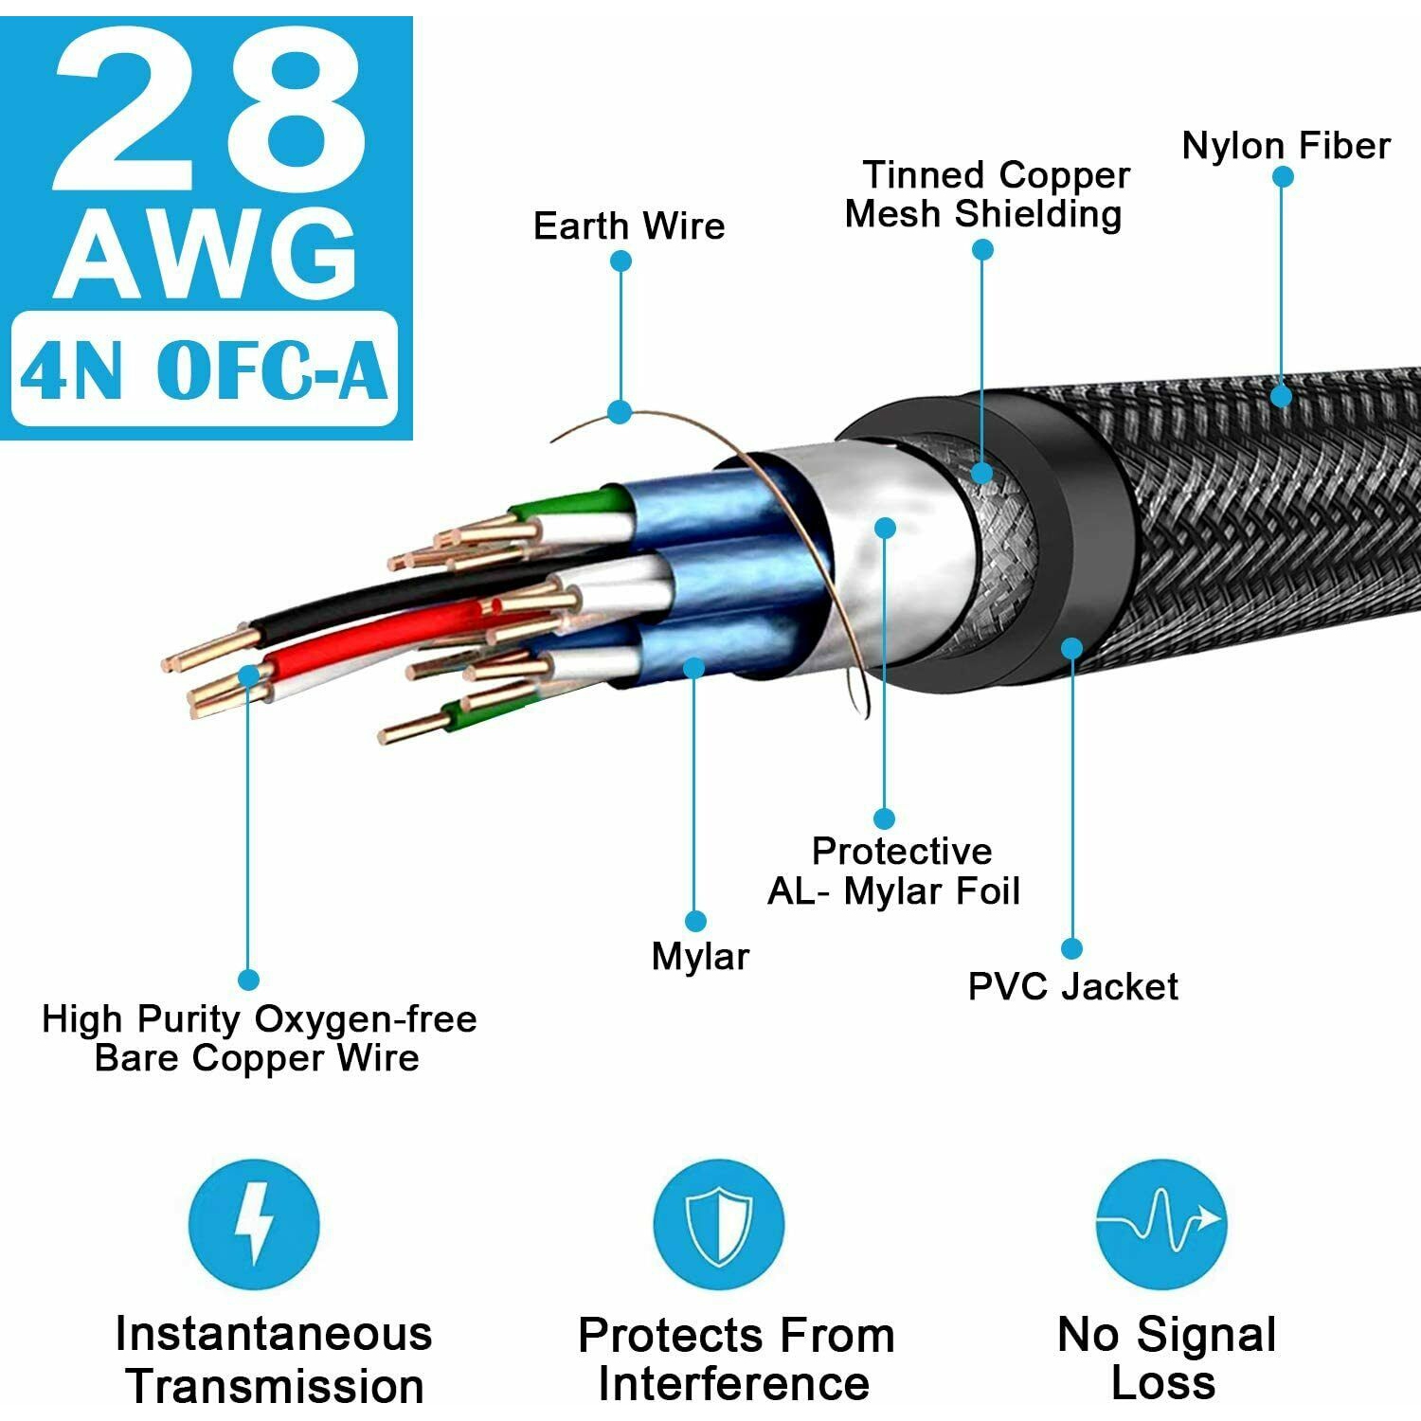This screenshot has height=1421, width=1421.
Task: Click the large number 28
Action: pos(209,112)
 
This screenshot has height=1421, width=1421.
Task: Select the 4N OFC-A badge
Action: pos(204,369)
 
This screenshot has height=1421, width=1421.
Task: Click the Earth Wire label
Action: pos(629,225)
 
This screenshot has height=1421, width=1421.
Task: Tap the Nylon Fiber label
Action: pos(1286,146)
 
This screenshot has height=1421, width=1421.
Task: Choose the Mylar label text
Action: pos(700,956)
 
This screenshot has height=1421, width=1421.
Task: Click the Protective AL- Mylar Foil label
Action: pos(893,871)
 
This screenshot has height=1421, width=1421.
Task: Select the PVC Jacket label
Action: pos(1072,986)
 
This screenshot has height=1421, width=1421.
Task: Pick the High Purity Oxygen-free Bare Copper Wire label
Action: pos(259,1038)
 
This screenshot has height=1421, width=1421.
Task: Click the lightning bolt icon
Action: pos(254,1224)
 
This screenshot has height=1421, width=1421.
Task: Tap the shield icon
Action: pos(719,1224)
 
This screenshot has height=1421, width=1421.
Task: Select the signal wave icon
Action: pos(1161,1224)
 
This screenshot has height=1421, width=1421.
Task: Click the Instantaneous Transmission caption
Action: pos(274,1359)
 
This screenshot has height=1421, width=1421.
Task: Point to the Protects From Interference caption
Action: pos(736,1359)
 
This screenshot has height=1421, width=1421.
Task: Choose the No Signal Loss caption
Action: pos(1166,1358)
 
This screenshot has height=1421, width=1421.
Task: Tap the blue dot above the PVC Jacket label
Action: pos(1071,948)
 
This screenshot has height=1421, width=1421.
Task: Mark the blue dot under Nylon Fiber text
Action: pos(1283,176)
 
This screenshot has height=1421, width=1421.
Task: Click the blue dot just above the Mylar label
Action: pos(695,921)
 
